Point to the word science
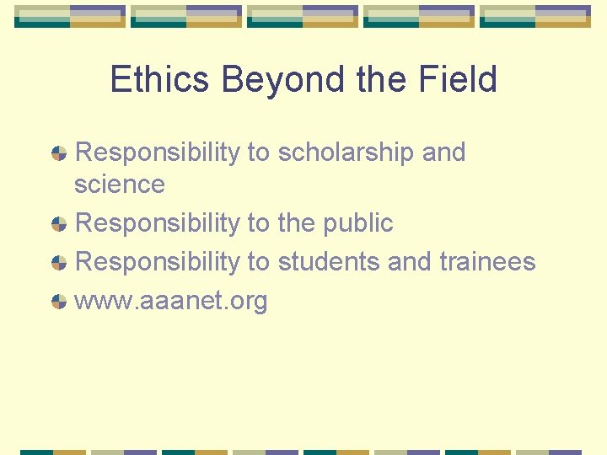tap(120, 184)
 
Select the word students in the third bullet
tap(329, 262)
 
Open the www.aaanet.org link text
tap(171, 301)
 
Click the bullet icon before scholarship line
tap(59, 153)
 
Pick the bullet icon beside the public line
tap(59, 224)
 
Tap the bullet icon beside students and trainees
tap(59, 263)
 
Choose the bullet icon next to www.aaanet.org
tap(59, 302)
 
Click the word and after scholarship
tap(443, 153)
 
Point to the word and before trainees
tap(410, 262)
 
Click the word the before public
tap(297, 223)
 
